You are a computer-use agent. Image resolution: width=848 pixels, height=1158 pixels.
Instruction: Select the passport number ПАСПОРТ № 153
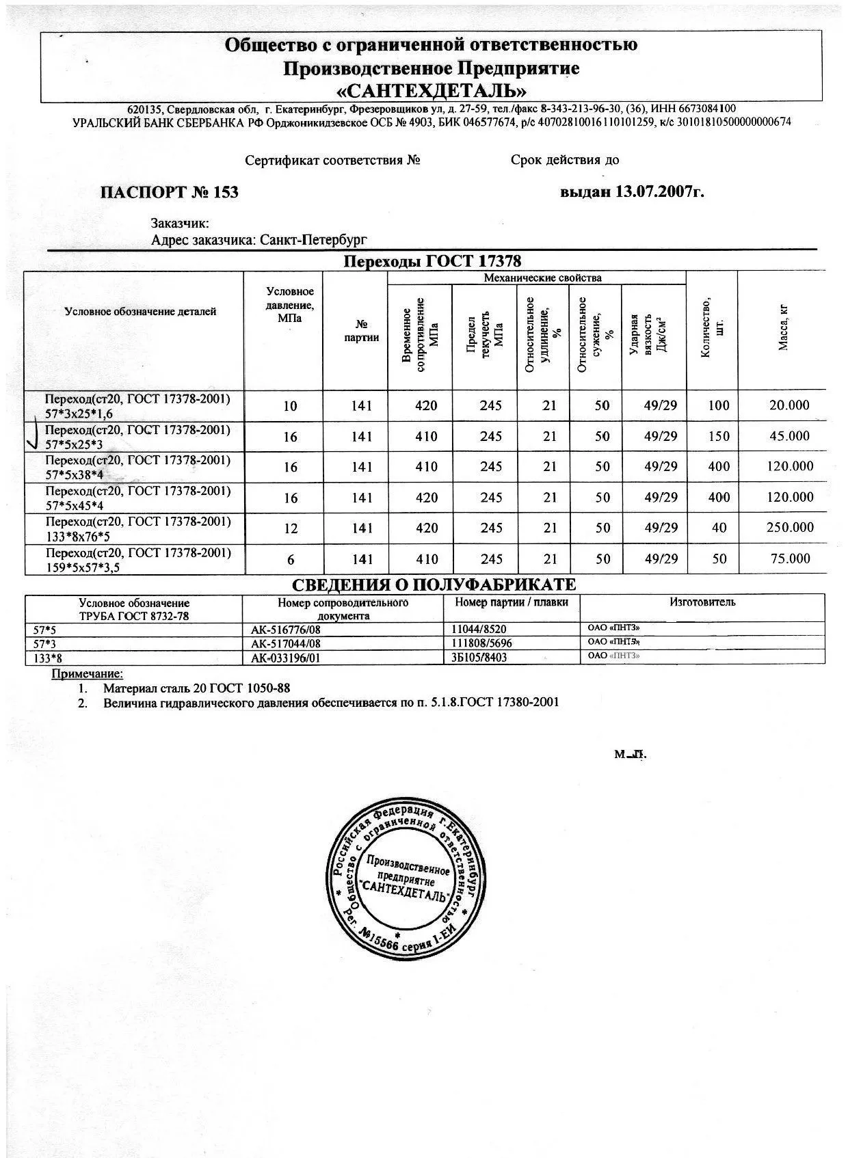coord(169,192)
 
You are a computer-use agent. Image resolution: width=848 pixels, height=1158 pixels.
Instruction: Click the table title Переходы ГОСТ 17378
coord(432,262)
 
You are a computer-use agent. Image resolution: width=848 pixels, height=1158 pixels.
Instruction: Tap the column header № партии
coord(361,332)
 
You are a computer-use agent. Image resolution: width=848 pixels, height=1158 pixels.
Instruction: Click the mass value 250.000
coord(790,528)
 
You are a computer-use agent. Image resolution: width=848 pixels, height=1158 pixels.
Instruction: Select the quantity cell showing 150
coord(719,436)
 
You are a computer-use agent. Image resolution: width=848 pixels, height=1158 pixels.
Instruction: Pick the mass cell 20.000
coord(789,405)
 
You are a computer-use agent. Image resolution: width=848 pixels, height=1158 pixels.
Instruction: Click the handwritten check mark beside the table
coord(31,435)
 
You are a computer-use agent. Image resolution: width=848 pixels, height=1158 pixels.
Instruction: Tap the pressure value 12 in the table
coord(290,528)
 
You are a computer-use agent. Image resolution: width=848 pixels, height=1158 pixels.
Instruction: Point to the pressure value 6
coord(291,559)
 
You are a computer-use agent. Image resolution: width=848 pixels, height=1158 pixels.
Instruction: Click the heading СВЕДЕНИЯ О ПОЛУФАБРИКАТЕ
coord(434,585)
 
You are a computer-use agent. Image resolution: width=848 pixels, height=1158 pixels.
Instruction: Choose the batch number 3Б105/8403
coord(479,657)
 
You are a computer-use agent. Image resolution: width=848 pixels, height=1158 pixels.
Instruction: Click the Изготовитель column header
coord(702,602)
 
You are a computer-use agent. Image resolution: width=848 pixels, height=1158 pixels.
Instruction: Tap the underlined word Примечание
coord(88,675)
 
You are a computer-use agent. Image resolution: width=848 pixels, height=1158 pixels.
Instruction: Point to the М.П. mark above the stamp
coord(629,755)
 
